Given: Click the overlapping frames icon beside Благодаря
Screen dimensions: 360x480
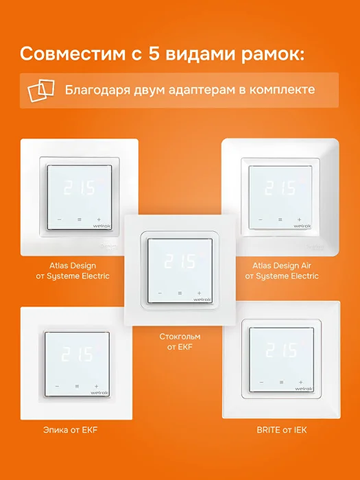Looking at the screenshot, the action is [x=41, y=90].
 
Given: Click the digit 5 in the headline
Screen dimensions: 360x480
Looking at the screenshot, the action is [x=155, y=53].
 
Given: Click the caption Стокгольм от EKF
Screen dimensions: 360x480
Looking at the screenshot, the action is [x=180, y=341].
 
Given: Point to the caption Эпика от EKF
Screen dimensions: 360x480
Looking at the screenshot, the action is [x=71, y=430].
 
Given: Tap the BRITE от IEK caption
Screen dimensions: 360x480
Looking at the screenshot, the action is [x=282, y=430].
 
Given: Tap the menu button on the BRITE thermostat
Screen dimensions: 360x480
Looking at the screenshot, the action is [x=281, y=383].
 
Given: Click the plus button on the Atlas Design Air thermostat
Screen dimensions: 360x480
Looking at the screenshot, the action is [x=299, y=219].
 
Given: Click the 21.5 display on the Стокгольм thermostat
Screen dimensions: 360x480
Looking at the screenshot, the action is [x=180, y=261].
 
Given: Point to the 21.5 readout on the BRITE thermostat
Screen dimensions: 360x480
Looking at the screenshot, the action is [x=281, y=350].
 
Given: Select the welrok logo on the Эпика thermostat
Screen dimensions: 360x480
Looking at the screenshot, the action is [x=99, y=392].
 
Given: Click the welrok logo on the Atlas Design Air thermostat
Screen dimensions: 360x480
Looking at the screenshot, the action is [x=302, y=226].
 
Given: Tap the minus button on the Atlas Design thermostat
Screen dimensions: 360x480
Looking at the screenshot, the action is [x=60, y=219].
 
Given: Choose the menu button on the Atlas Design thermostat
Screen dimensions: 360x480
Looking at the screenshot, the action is [x=80, y=219].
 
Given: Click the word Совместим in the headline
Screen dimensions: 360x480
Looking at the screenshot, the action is [x=73, y=54].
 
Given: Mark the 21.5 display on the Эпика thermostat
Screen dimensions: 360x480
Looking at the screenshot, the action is [x=77, y=354].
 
